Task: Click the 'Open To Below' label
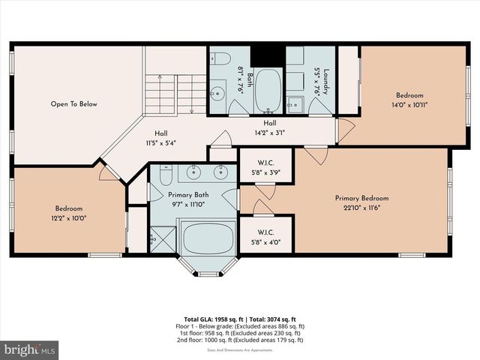coord(73,104)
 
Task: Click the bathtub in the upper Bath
coord(268,91)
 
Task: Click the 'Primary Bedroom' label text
coord(361,198)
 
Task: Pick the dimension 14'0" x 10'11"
coord(410,105)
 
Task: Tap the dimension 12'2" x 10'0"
coord(68,217)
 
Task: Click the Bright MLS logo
coord(30,349)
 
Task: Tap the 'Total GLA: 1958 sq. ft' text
coord(212,319)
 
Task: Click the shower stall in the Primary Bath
coord(162,238)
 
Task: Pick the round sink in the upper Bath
coord(217,94)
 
